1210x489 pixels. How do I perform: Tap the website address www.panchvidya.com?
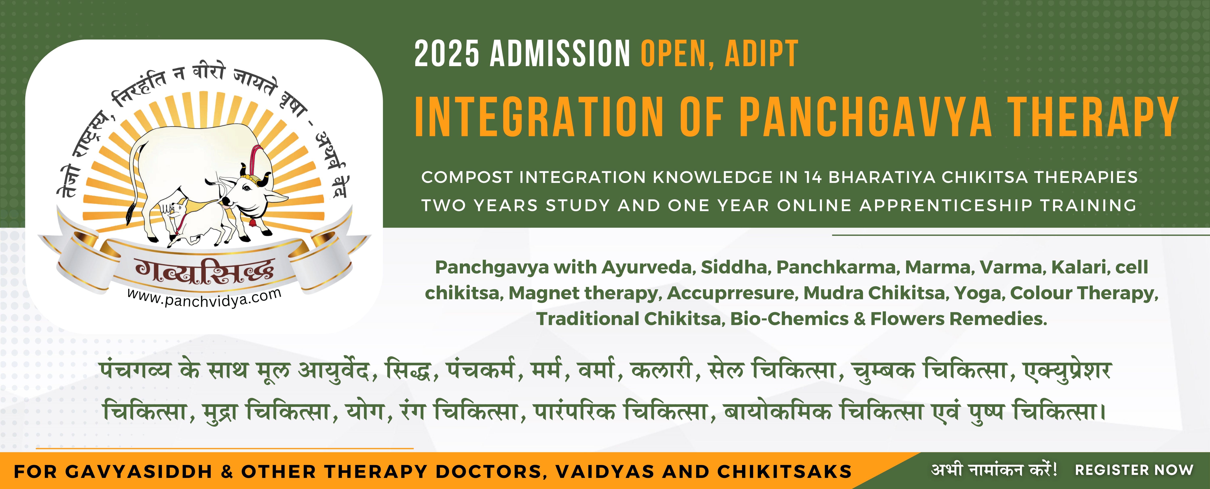pyautogui.click(x=204, y=298)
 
